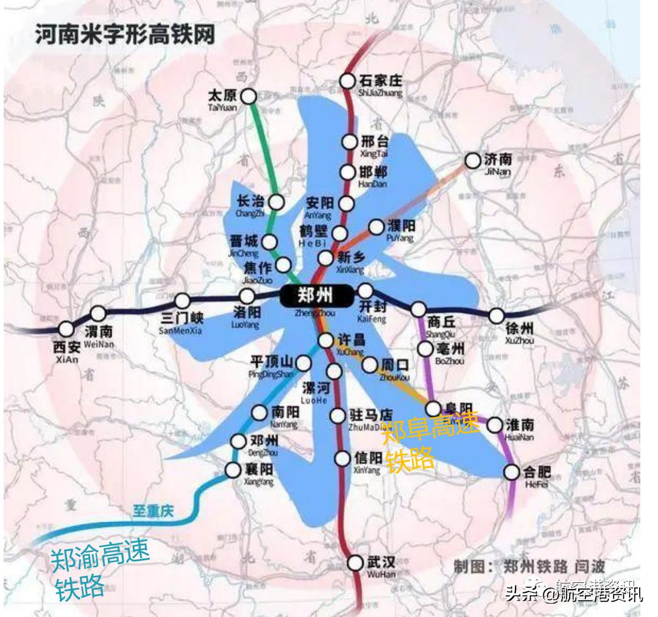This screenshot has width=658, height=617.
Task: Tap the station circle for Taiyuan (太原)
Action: coord(248,96)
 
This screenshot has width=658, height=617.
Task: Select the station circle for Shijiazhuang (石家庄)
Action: coord(347,80)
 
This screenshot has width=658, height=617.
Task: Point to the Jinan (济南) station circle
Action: coord(473,161)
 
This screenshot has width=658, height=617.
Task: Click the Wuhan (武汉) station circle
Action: coord(356,563)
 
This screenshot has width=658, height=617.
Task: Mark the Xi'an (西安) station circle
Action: coord(66,329)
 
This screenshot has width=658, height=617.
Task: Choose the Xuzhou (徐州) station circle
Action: coord(497,316)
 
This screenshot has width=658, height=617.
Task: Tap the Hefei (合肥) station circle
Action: coord(512,471)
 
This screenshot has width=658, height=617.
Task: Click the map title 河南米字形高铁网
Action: coord(125,34)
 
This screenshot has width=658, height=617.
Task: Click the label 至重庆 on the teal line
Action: coord(153,511)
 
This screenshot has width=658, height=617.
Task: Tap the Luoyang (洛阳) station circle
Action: coord(247,297)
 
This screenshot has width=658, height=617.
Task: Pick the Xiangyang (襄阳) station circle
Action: coord(233,469)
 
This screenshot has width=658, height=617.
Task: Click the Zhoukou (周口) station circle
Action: coord(370,365)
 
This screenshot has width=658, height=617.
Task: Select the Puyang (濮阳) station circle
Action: coord(377,227)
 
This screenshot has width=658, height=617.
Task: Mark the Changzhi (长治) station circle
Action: coord(277,202)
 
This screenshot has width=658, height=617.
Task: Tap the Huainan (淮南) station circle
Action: coord(495,424)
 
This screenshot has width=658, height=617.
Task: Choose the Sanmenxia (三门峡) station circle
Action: coord(182,301)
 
